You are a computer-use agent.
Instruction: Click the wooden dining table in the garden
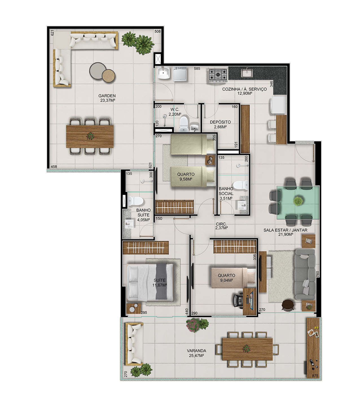point(90,136)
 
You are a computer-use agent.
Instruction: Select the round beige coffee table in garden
point(109,75)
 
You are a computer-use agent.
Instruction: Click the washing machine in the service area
point(180,74)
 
